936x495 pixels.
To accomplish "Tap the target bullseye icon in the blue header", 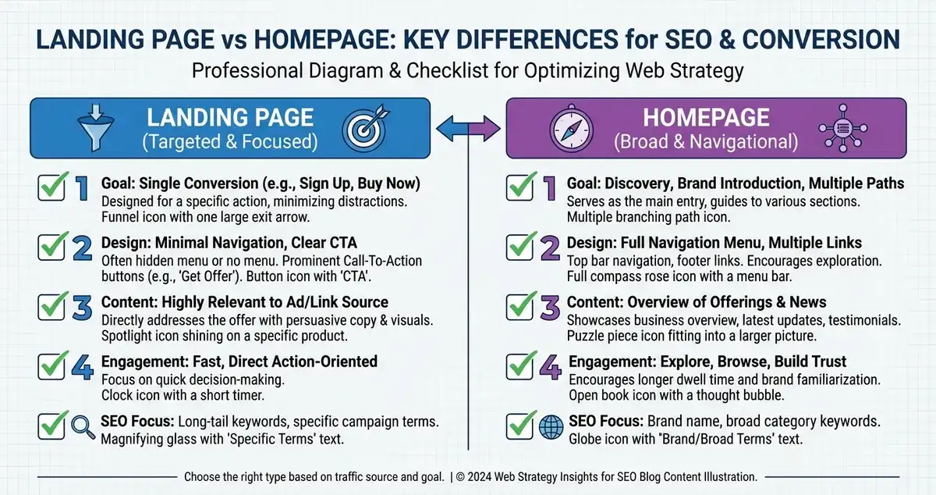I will pyautogui.click(x=364, y=128).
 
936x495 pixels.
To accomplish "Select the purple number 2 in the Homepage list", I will pyautogui.click(x=550, y=248).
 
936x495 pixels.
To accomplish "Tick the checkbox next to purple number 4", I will pyautogui.click(x=520, y=367).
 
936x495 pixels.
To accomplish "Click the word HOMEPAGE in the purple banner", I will pyautogui.click(x=705, y=118).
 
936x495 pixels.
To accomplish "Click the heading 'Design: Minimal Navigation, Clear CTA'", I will pyautogui.click(x=229, y=243).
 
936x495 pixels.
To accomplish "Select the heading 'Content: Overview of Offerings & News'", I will pyautogui.click(x=697, y=302).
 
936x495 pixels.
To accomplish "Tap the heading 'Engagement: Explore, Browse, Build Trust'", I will pyautogui.click(x=707, y=361).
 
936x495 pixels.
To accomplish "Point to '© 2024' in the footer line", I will pyautogui.click(x=474, y=475).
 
